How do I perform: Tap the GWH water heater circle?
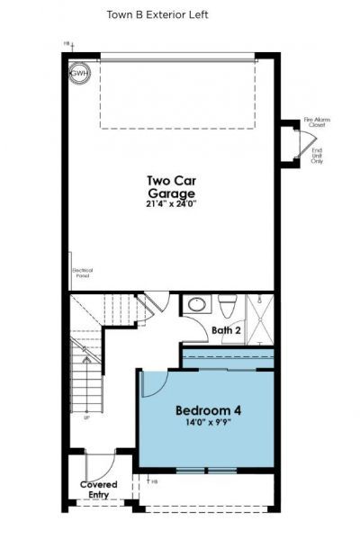(80, 73)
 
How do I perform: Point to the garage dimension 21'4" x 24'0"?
(171, 204)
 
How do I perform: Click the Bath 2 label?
(226, 330)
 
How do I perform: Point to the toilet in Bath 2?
(228, 308)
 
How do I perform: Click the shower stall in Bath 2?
(260, 319)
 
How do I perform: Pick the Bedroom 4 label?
(208, 411)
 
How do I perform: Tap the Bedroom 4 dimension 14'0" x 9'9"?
(208, 426)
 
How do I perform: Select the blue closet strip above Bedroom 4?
(228, 358)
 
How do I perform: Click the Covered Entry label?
(99, 490)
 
